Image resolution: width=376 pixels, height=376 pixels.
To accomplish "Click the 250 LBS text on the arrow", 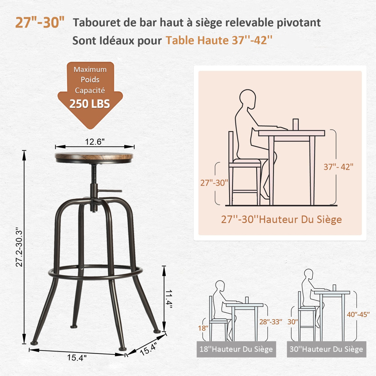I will coord(90,104).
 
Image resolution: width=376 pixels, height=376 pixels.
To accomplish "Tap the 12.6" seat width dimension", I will coord(95,142).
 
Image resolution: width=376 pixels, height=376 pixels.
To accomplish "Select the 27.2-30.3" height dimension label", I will coord(19,247).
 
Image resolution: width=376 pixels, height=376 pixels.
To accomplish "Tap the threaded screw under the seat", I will coord(94,174).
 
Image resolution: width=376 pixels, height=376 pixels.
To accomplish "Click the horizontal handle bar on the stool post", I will coord(110,191).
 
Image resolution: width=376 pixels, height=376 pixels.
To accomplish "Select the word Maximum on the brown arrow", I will coord(90,69).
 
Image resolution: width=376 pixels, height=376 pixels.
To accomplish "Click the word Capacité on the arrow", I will coord(90,90).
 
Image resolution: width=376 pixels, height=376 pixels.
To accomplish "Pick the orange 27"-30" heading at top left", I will coord(40,22).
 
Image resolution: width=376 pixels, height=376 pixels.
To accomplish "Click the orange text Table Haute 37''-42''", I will coord(219,40).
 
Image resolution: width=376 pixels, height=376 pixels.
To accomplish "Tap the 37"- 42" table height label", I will coord(338,167).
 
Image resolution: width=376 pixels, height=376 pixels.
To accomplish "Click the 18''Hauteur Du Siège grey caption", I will coord(236,349).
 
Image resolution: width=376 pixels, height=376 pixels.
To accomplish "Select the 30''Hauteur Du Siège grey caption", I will coord(326,349).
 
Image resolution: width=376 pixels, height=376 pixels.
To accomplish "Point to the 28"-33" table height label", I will coord(270,322).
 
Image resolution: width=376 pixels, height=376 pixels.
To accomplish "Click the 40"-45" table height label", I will coord(358,314).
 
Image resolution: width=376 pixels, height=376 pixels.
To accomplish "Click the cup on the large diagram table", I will coord(296,124).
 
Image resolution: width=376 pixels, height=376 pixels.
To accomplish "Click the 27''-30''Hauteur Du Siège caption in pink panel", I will coord(281,219).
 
